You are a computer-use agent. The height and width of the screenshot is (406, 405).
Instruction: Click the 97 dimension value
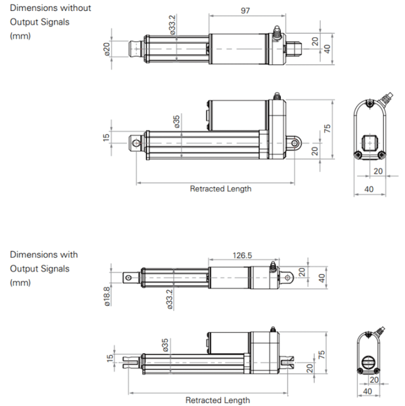click(245, 11)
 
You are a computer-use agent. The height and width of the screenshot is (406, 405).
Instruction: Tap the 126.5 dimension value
click(242, 255)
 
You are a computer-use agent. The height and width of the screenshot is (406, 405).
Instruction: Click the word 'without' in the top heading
click(76, 8)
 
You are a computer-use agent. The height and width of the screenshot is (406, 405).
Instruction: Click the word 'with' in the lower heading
click(69, 255)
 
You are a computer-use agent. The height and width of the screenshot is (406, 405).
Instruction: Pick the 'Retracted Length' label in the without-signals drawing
click(220, 189)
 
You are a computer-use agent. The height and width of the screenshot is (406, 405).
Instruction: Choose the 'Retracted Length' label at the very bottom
click(218, 400)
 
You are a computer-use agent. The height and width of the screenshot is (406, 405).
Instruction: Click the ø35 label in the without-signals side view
click(176, 121)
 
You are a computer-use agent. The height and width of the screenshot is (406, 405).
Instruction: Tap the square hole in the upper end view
click(370, 143)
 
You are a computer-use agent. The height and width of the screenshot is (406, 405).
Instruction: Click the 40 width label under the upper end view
click(369, 189)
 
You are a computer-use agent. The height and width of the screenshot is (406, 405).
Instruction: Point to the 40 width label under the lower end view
click(367, 391)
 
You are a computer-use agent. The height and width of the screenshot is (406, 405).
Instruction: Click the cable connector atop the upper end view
click(386, 98)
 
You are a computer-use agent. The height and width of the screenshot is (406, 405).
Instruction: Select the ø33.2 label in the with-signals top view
click(170, 299)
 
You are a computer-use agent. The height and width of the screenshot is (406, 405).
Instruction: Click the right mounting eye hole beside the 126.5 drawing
click(288, 278)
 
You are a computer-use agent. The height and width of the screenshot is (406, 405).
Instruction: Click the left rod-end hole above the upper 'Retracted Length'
click(136, 142)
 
